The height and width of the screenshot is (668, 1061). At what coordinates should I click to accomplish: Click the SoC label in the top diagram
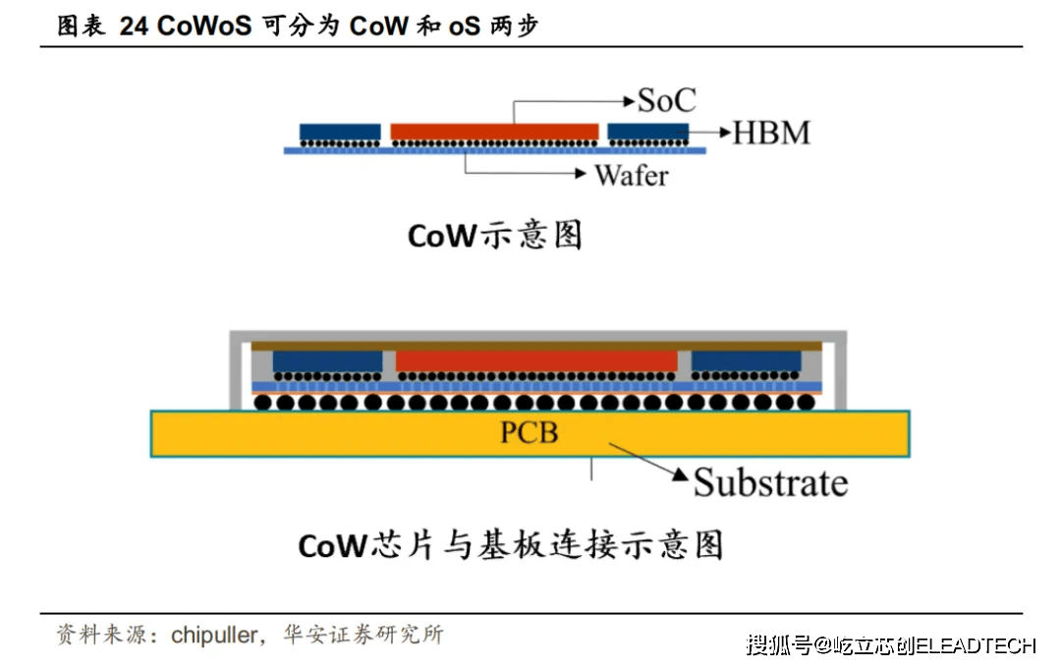coord(667,100)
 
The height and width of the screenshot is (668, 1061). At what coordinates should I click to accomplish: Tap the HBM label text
coord(772,133)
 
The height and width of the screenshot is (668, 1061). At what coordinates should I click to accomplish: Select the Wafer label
coord(631,176)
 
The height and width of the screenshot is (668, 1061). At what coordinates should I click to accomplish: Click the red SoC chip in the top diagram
coord(494,132)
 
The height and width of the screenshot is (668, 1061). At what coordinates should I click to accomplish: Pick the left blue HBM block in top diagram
coord(340,132)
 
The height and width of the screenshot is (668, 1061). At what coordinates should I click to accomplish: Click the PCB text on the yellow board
coord(530,431)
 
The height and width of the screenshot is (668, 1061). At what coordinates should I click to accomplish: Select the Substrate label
coord(770,482)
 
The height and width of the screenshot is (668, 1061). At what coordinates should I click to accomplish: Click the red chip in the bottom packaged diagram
coord(536,362)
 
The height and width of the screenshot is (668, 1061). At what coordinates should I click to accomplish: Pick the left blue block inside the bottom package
coord(327,362)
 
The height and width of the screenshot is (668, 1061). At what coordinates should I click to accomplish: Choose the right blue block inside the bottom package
coord(747,362)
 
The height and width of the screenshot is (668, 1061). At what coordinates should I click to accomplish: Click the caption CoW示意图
coord(494,236)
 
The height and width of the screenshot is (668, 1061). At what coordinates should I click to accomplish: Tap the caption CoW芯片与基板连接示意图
coord(510,545)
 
